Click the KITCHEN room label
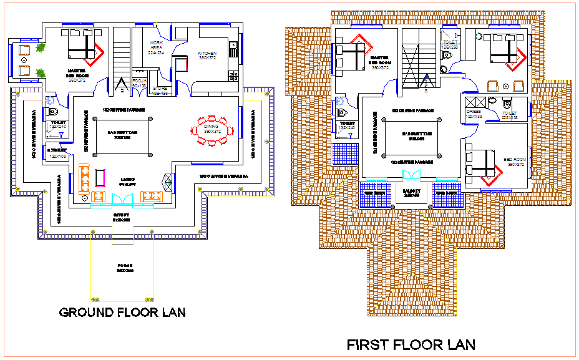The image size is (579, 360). coord(207,55)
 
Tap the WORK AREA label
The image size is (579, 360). coord(155,48)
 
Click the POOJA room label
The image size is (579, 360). coord(140,83)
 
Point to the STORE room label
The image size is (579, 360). coord(160,90)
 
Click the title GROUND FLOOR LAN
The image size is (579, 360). coord(122,312)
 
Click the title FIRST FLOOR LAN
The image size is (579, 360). coord(411,344)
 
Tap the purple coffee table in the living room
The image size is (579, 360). coord(100,178)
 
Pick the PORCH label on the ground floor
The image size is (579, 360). coord(125,269)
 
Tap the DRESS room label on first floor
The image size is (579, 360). coord(474,113)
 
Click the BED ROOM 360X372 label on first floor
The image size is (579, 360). coord(515,162)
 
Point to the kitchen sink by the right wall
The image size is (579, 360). coord(233,47)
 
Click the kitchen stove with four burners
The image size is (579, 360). coord(234,75)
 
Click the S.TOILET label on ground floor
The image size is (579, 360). coord(57,153)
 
